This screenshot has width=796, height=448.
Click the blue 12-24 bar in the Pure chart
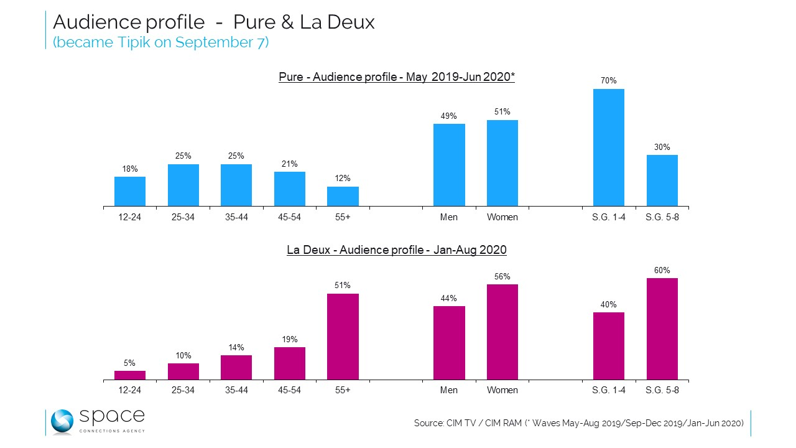pyautogui.click(x=130, y=191)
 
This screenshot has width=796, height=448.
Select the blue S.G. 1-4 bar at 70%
pyautogui.click(x=609, y=147)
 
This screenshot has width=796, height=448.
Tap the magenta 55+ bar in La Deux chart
pyautogui.click(x=343, y=337)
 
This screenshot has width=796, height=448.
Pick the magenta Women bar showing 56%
pyautogui.click(x=502, y=332)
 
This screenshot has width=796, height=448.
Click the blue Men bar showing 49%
pyautogui.click(x=449, y=165)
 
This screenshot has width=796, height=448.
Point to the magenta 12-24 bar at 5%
pyautogui.click(x=130, y=375)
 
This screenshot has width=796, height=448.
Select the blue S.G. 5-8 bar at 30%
pyautogui.click(x=662, y=180)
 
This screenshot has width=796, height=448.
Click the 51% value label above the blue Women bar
pyautogui.click(x=502, y=112)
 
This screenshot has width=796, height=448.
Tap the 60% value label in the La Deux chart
pyautogui.click(x=662, y=270)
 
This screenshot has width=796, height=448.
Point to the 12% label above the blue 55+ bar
pyautogui.click(x=343, y=179)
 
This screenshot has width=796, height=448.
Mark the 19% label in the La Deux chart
pyautogui.click(x=290, y=339)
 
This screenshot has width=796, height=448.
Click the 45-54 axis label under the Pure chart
pyautogui.click(x=290, y=217)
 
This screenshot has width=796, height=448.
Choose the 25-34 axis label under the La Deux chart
pyautogui.click(x=183, y=390)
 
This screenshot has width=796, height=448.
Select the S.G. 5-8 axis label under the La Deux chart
pyautogui.click(x=662, y=390)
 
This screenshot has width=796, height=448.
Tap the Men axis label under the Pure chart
pyautogui.click(x=449, y=217)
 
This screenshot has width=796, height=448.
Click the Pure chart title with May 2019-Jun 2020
pyautogui.click(x=397, y=77)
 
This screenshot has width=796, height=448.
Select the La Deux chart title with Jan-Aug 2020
pyautogui.click(x=397, y=250)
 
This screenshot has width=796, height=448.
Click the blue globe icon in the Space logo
pyautogui.click(x=62, y=422)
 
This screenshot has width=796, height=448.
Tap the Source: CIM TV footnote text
pyautogui.click(x=579, y=423)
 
